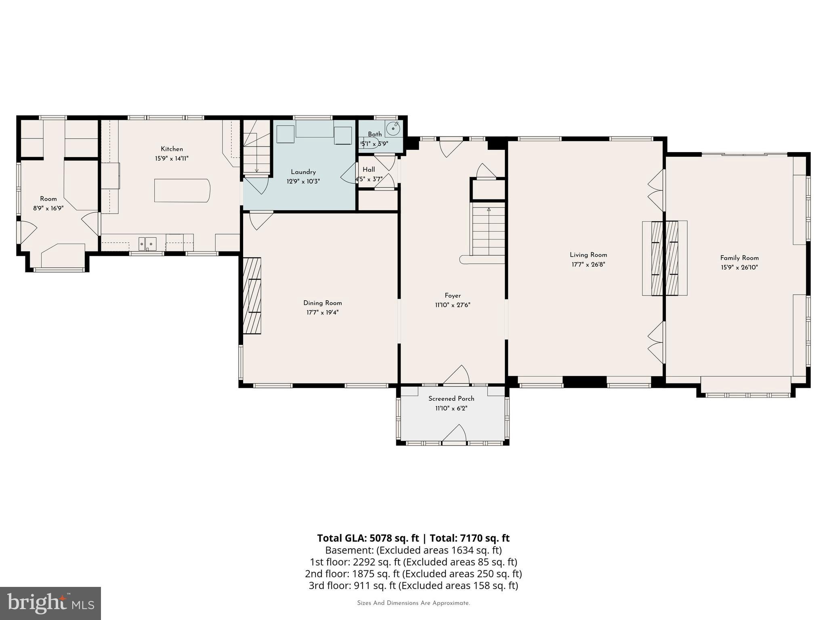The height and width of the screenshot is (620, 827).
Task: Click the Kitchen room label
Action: pos(172,149)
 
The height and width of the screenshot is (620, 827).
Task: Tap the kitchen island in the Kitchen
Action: pos(182,191)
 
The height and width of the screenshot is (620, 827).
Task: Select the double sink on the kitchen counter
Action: pos(147,243)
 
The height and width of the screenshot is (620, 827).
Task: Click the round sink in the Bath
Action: pos(393,129)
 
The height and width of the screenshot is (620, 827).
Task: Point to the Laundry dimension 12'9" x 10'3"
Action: pos(303,182)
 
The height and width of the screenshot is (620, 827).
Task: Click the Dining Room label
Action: pos(322,303)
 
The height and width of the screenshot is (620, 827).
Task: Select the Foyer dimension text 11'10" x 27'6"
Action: pos(452,305)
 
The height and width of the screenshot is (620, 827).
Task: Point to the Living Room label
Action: pos(588,255)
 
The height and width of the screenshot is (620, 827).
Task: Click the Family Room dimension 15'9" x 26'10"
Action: pos(739,267)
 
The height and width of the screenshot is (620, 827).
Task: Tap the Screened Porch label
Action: pos(451,398)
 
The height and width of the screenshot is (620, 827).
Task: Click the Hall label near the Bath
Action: pos(368,170)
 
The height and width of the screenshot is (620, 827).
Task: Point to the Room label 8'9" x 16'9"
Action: pos(48,199)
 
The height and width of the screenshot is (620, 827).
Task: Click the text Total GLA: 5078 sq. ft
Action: pos(368,538)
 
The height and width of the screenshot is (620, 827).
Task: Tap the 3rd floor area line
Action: pos(413,585)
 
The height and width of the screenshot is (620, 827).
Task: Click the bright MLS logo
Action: pos(50,603)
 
